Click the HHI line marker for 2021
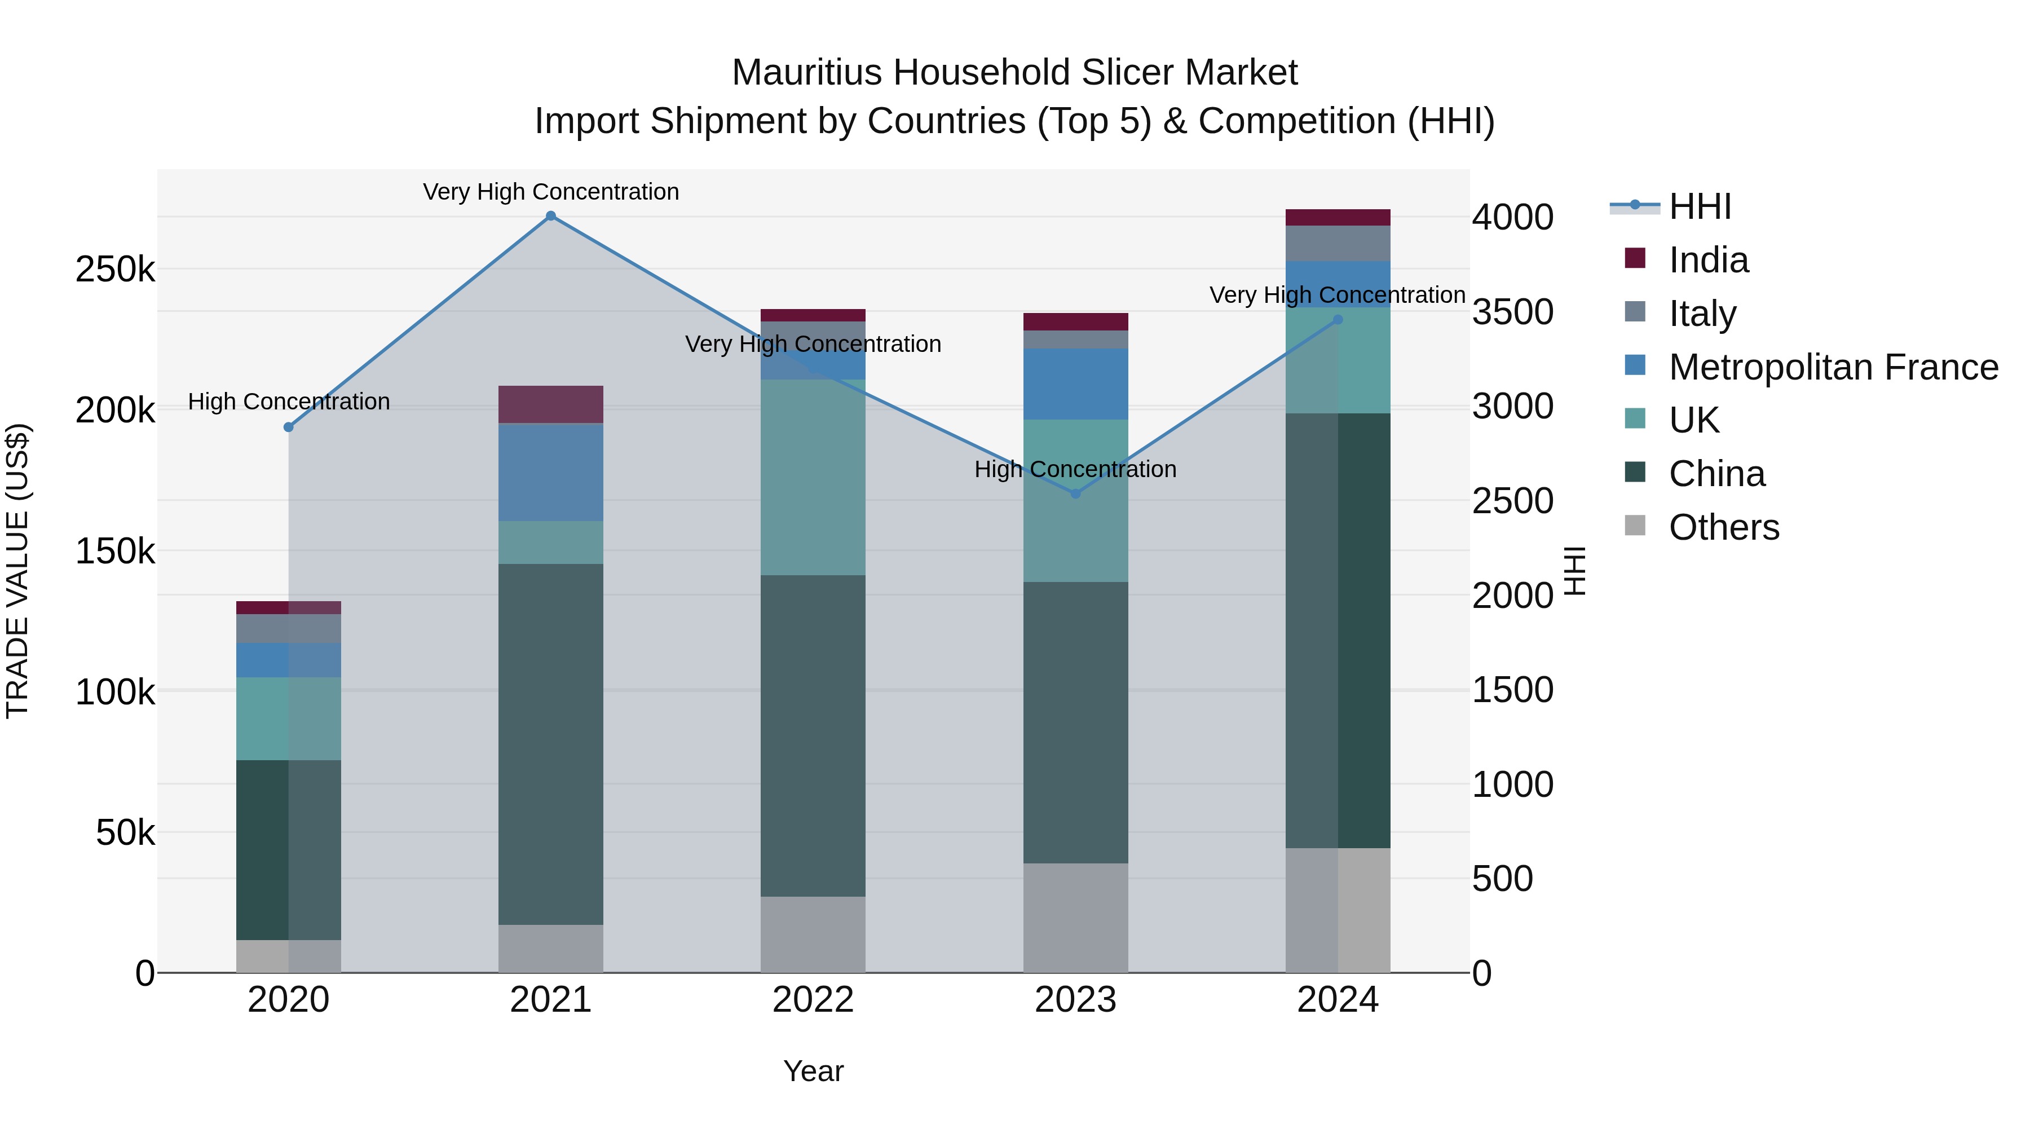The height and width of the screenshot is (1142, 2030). click(x=551, y=216)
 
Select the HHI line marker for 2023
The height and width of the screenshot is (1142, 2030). click(x=1076, y=493)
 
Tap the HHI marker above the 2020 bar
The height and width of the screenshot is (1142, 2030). click(x=288, y=427)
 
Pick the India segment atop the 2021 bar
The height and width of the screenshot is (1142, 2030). click(x=551, y=404)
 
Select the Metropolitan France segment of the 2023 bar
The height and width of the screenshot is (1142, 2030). click(x=1076, y=384)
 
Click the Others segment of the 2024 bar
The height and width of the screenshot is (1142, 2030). click(x=1338, y=910)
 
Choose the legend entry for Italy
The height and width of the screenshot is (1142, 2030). click(x=1702, y=313)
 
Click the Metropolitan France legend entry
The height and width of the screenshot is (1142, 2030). click(x=1833, y=367)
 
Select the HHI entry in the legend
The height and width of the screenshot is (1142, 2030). click(x=1700, y=206)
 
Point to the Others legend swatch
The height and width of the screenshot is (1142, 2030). click(x=1635, y=526)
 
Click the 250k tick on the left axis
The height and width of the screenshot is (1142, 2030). click(x=115, y=270)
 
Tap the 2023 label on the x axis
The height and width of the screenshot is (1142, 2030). click(x=1076, y=1000)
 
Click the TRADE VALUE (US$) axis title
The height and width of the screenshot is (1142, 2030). click(x=17, y=571)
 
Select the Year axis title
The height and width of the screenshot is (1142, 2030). click(x=813, y=1071)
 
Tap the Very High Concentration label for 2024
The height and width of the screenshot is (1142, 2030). click(x=1338, y=295)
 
